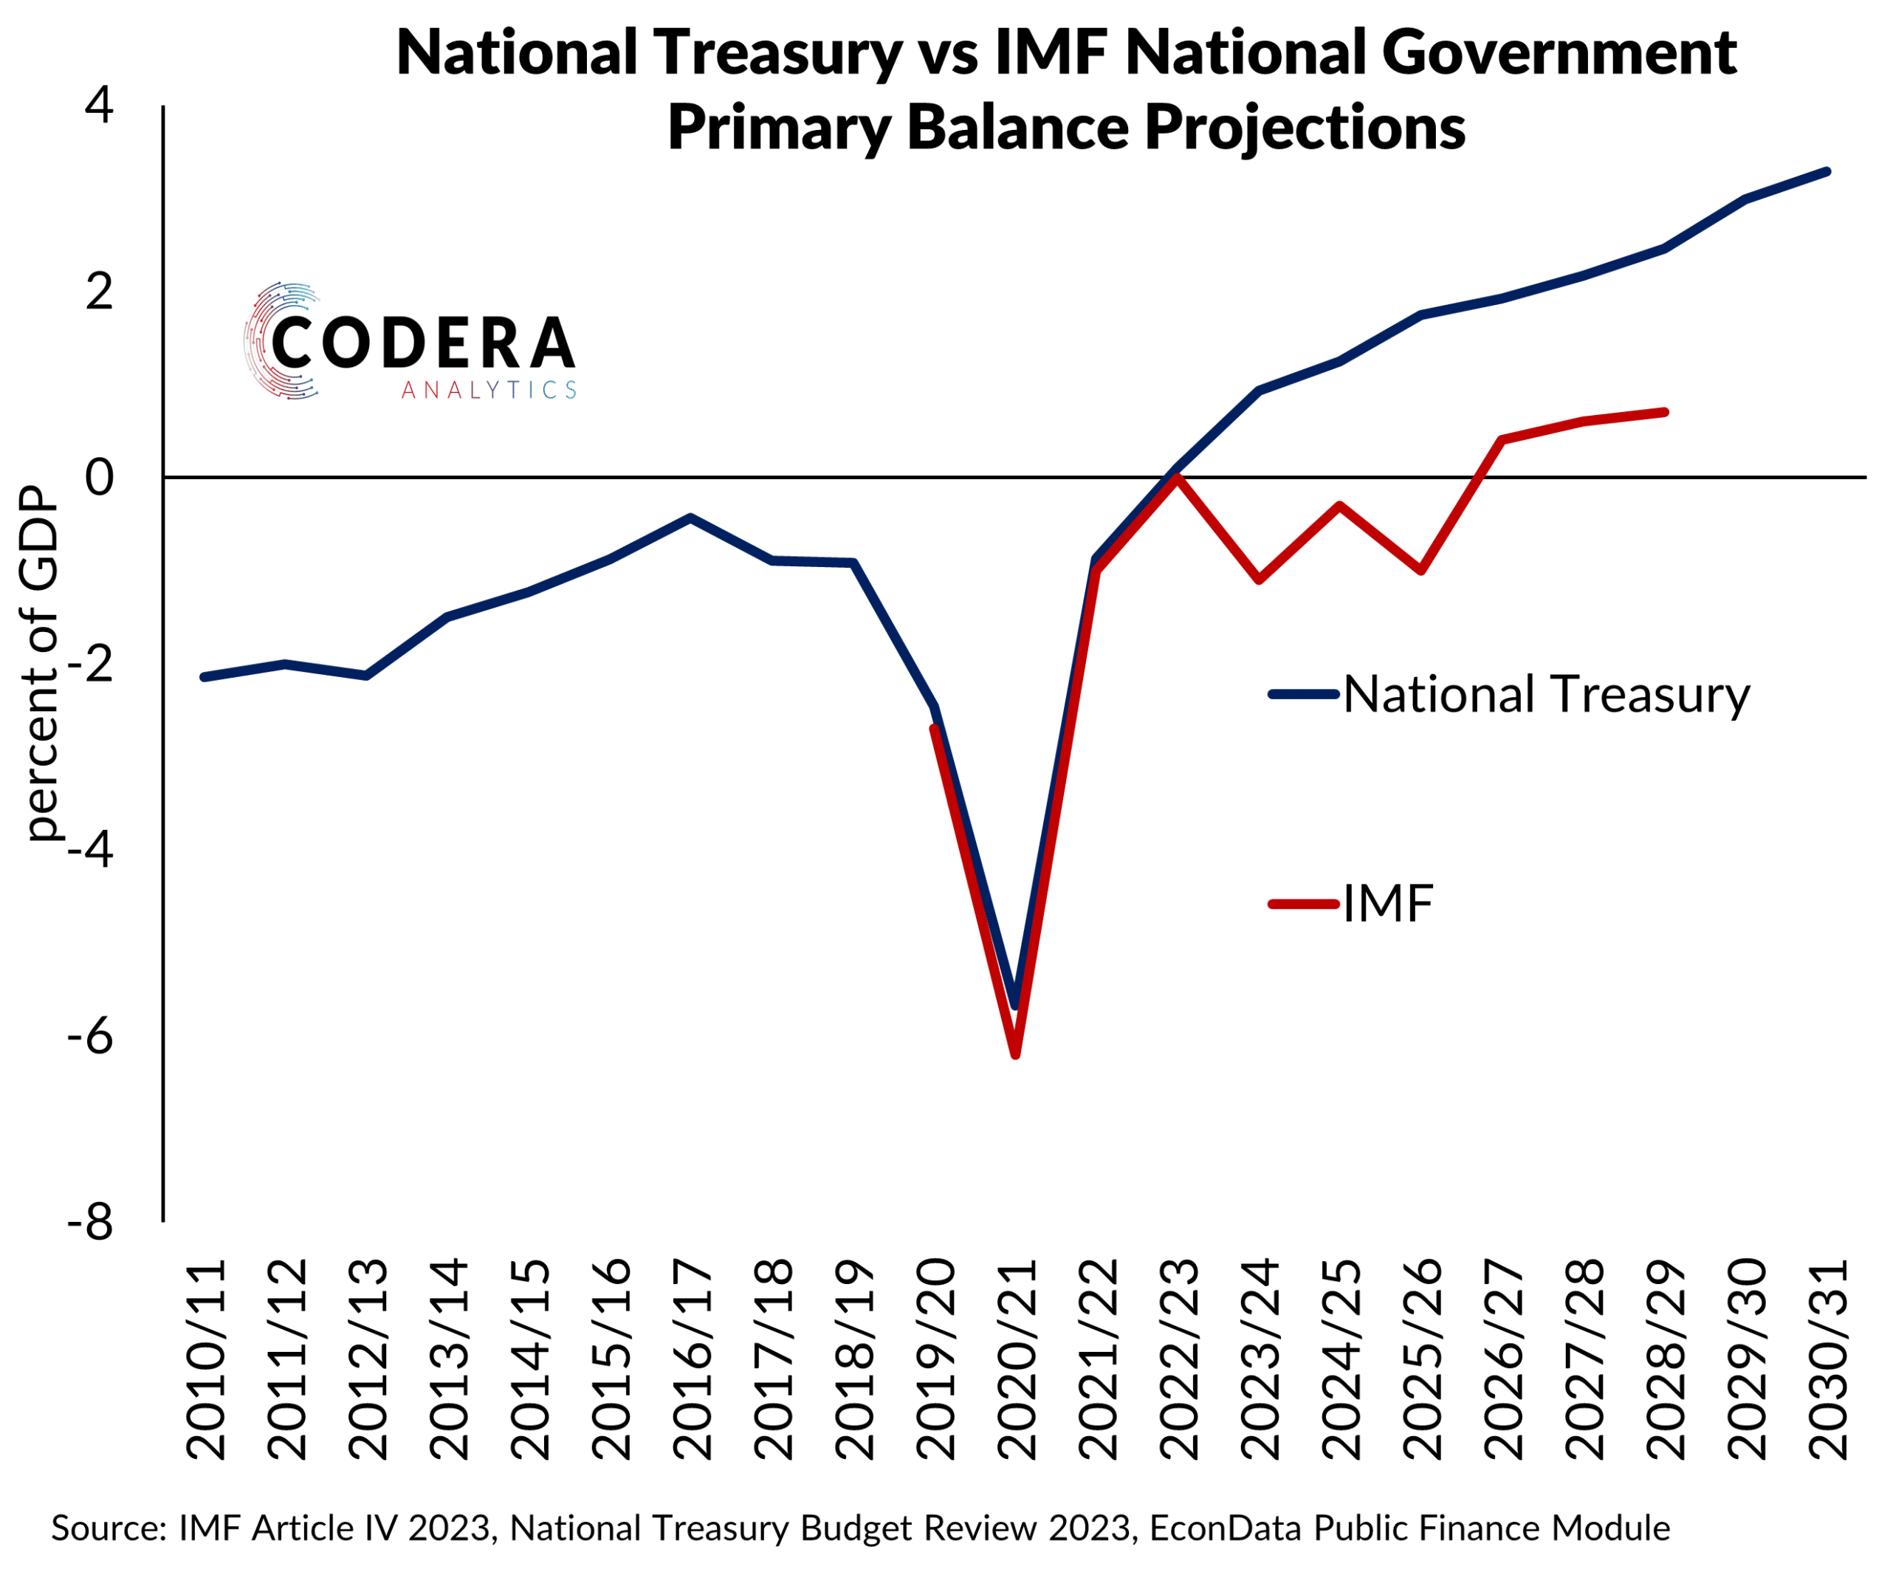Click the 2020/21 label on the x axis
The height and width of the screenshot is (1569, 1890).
click(x=1017, y=1359)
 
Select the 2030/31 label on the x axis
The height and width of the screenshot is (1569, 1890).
click(x=1828, y=1359)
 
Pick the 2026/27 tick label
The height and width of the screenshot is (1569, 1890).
click(x=1503, y=1359)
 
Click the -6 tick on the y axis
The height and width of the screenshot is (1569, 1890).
click(x=90, y=1036)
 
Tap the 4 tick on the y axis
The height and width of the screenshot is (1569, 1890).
click(x=99, y=106)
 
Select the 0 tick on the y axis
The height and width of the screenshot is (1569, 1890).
click(x=99, y=477)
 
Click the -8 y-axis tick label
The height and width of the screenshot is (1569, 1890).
click(x=90, y=1223)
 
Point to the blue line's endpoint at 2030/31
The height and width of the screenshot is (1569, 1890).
click(x=1827, y=171)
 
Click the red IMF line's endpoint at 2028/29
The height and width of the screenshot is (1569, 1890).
click(x=1665, y=412)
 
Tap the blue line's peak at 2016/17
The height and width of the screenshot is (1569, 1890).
click(x=690, y=518)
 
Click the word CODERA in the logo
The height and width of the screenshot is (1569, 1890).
click(x=422, y=343)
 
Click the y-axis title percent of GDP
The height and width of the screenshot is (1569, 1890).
click(x=41, y=664)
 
